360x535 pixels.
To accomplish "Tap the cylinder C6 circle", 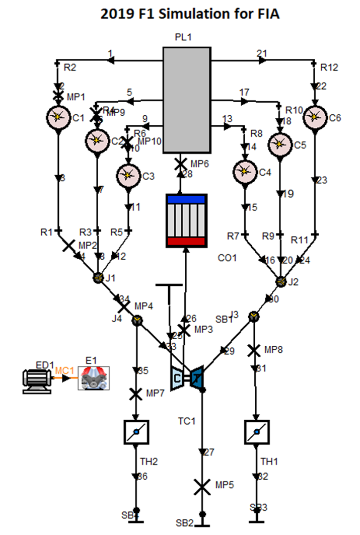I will [x=315, y=117].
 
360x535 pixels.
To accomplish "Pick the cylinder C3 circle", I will [x=128, y=175].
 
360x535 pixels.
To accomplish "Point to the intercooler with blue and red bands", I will [x=186, y=220].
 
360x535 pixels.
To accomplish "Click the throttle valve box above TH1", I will [x=256, y=432].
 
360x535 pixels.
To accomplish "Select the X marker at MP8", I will [x=255, y=349].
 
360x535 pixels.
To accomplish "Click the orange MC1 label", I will [x=64, y=371].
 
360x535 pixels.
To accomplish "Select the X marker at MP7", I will [x=135, y=394].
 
